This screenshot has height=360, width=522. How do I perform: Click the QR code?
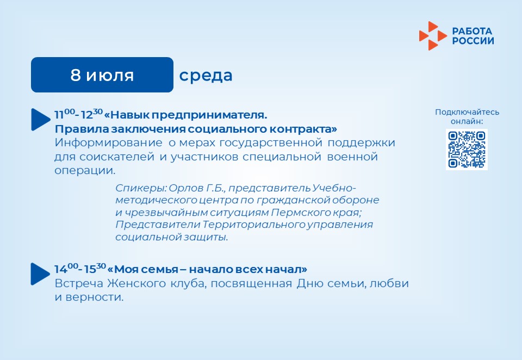467,150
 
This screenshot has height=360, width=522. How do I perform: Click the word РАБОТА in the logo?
472,32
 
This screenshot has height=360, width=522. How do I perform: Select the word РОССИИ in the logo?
473,41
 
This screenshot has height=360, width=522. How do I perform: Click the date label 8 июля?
102,75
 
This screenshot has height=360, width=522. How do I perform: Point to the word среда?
206,76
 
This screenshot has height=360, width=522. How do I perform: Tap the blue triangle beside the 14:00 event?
40,274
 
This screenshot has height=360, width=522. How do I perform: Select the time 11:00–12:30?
78,114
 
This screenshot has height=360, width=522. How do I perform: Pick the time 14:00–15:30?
80,269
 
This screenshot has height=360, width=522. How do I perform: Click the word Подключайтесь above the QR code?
467,112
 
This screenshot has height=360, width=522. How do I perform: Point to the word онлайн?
467,121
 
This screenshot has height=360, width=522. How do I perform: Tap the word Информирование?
109,143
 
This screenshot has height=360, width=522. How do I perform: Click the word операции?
85,171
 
